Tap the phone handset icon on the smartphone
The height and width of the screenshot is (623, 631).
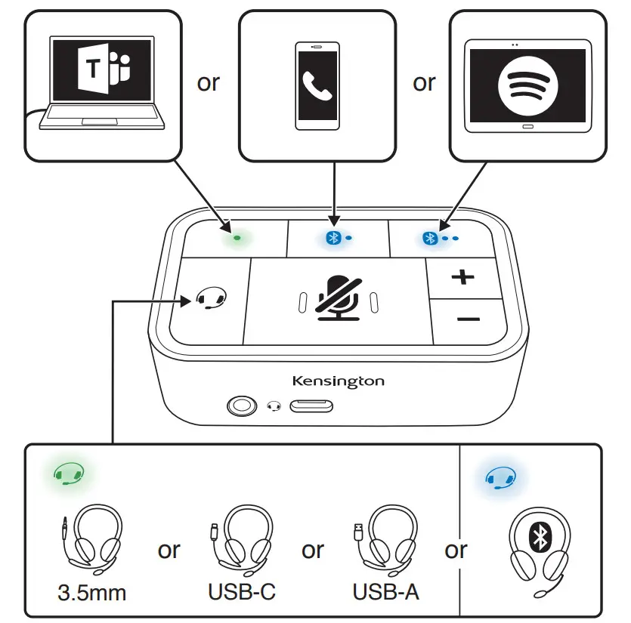tap(317, 87)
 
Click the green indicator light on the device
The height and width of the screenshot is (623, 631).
tap(237, 236)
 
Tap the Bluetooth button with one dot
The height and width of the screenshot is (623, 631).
tap(337, 237)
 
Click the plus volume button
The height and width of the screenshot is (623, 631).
tap(462, 277)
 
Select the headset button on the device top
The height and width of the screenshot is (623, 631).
tap(211, 299)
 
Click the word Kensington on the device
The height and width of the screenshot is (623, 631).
tap(338, 381)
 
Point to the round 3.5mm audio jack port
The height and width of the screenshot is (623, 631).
tap(241, 407)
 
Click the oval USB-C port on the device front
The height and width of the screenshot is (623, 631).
tap(312, 407)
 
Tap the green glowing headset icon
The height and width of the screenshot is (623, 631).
tap(68, 475)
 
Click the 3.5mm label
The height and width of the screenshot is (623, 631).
tap(93, 592)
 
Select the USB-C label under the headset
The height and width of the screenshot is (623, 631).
tap(241, 592)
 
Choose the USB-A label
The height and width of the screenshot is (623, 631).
tap(386, 592)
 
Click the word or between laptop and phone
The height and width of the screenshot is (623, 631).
tap(208, 82)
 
